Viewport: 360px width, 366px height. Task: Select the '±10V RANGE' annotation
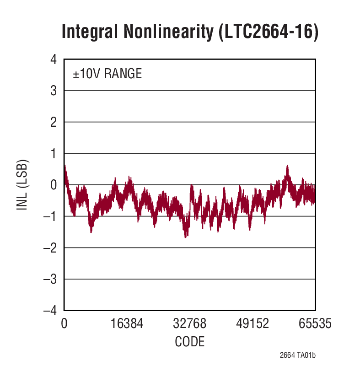click(x=107, y=74)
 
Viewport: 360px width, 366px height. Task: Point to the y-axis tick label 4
click(x=54, y=59)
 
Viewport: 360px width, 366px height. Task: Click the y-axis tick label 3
click(x=54, y=91)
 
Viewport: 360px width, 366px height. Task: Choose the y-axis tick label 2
click(x=54, y=122)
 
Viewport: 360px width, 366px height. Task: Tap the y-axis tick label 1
click(x=54, y=153)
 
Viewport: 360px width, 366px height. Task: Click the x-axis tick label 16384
click(x=127, y=324)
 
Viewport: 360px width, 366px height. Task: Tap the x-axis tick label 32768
click(x=189, y=324)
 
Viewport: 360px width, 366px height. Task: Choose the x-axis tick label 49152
click(x=252, y=324)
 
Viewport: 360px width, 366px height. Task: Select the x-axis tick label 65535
click(x=315, y=324)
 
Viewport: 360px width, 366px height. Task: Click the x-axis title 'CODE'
click(x=189, y=342)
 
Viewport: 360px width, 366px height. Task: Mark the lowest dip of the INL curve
click(x=186, y=237)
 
